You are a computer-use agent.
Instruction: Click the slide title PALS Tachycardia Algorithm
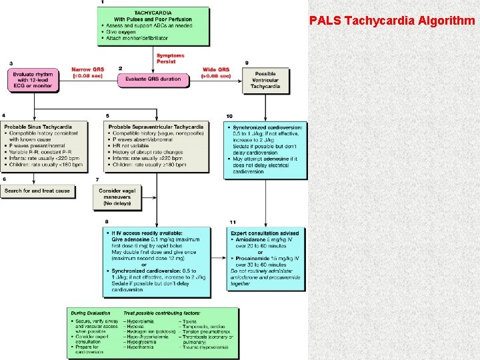click(392, 20)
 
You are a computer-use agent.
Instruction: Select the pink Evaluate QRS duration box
click(153, 79)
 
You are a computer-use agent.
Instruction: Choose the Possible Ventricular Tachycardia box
click(265, 79)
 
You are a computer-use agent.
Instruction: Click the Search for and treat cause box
click(37, 191)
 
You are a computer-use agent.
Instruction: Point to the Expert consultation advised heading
click(265, 233)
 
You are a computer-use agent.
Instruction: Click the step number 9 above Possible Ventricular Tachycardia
click(247, 63)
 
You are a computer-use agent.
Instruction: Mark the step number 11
click(232, 221)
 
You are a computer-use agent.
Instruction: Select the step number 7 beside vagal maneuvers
click(97, 179)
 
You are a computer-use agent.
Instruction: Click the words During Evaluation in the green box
click(89, 312)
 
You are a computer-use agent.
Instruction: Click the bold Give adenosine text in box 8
click(129, 239)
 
